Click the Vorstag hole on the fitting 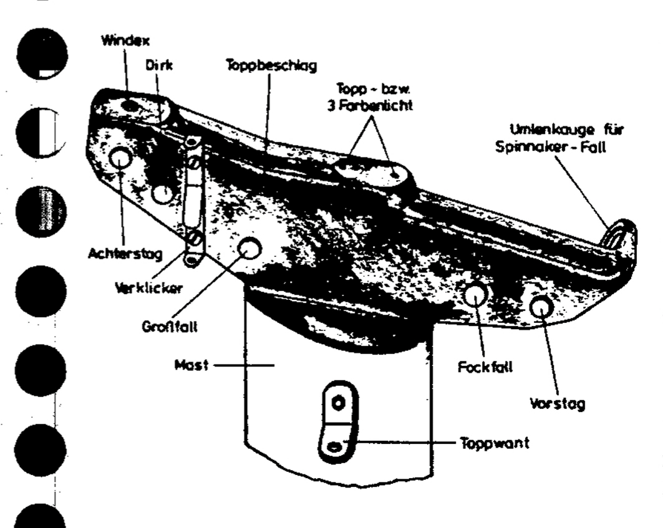(x=540, y=305)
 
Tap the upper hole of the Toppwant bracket (x=337, y=404)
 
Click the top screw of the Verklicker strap (x=194, y=163)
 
